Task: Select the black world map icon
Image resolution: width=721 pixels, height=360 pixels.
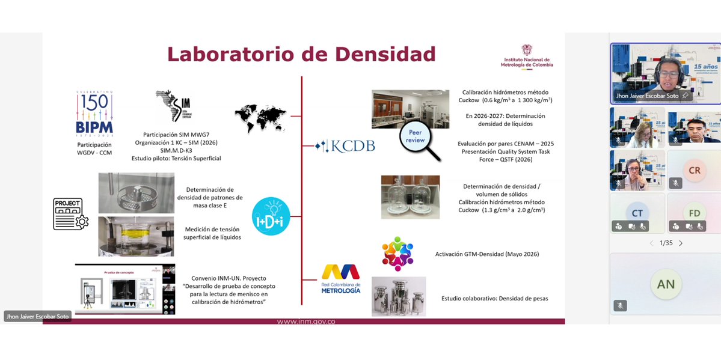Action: (260, 115)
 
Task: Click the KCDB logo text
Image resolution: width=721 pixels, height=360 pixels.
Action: (345, 145)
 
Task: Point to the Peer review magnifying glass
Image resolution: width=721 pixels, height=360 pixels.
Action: (419, 141)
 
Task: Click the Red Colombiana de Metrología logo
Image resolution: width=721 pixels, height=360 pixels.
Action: (341, 279)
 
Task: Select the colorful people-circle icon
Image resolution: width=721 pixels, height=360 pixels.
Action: (397, 254)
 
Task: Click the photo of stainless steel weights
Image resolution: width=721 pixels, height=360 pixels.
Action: (399, 296)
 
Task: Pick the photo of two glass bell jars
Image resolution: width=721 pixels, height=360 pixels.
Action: (410, 197)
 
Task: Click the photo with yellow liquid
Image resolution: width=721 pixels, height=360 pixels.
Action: (136, 236)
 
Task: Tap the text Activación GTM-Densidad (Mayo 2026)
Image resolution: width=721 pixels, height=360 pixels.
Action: (487, 254)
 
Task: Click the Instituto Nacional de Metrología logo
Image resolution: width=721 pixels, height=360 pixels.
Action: (527, 57)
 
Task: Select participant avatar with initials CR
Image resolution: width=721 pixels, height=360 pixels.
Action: (694, 171)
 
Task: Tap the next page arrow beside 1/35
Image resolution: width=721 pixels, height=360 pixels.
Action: (681, 243)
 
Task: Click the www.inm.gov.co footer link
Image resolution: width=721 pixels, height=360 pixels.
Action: (306, 322)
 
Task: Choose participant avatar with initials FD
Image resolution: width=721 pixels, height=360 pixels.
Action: (694, 213)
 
